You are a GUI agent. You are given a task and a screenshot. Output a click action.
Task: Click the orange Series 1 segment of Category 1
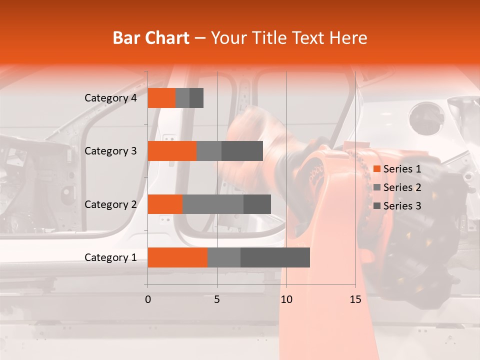coord(177,257)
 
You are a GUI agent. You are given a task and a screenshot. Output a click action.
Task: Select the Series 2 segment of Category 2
coord(213,204)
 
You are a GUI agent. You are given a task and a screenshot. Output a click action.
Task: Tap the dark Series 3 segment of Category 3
coord(242,151)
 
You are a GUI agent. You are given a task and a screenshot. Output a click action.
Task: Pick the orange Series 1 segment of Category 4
coord(161,98)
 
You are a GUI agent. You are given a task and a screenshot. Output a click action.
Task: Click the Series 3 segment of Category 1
coord(275,257)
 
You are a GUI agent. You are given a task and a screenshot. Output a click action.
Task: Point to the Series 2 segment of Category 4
coord(182,98)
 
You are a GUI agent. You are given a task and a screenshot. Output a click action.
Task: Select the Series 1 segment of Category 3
coord(172,151)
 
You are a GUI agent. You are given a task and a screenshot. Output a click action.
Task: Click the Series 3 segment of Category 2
coord(257,204)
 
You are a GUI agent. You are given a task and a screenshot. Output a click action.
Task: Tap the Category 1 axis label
coord(110,257)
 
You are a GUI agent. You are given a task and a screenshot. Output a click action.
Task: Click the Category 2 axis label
coord(110,204)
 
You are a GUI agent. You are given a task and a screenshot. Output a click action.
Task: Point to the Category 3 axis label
coord(110,151)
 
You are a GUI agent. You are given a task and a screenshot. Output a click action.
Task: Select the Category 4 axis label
coord(110,98)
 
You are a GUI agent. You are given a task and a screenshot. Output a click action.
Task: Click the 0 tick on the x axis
coord(148,299)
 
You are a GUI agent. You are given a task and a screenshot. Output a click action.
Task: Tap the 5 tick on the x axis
coord(217,299)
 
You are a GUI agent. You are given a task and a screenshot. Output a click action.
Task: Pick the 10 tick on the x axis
coord(286,299)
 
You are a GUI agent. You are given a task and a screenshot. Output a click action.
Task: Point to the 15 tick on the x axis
coord(355,299)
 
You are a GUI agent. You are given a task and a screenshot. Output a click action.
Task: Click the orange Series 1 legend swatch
coord(377,169)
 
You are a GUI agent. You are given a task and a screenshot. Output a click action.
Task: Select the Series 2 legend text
coord(402,187)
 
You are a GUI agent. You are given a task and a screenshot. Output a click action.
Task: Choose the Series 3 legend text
coord(402,206)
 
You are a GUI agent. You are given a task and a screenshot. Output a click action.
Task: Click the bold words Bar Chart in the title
coord(151,38)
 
